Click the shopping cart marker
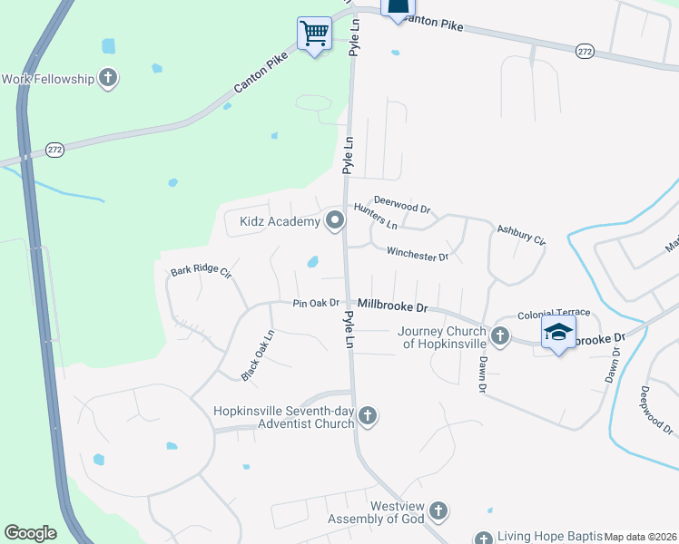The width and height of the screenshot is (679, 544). (x=314, y=34)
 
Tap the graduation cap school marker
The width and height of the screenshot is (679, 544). (x=559, y=333)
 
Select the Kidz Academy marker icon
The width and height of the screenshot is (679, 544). (x=336, y=220)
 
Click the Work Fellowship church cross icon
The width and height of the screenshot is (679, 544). (x=108, y=78)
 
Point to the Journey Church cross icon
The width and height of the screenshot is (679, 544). (x=500, y=336)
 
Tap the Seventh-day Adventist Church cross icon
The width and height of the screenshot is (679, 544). (x=368, y=416)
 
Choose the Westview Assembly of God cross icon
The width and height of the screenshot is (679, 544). (x=438, y=510)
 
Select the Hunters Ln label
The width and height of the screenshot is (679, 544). (x=375, y=216)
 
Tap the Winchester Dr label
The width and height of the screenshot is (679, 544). (x=418, y=255)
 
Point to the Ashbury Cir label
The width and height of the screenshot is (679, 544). (x=520, y=235)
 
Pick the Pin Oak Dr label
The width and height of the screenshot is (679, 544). (x=315, y=303)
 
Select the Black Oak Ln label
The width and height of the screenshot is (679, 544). (x=257, y=355)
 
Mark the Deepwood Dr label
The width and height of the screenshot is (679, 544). (x=655, y=410)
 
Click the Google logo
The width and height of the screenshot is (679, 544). (x=30, y=533)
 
